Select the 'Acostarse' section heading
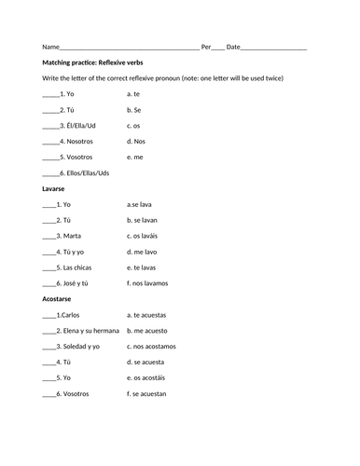[60, 299]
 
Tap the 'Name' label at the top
[50, 46]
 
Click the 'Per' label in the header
[206, 46]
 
